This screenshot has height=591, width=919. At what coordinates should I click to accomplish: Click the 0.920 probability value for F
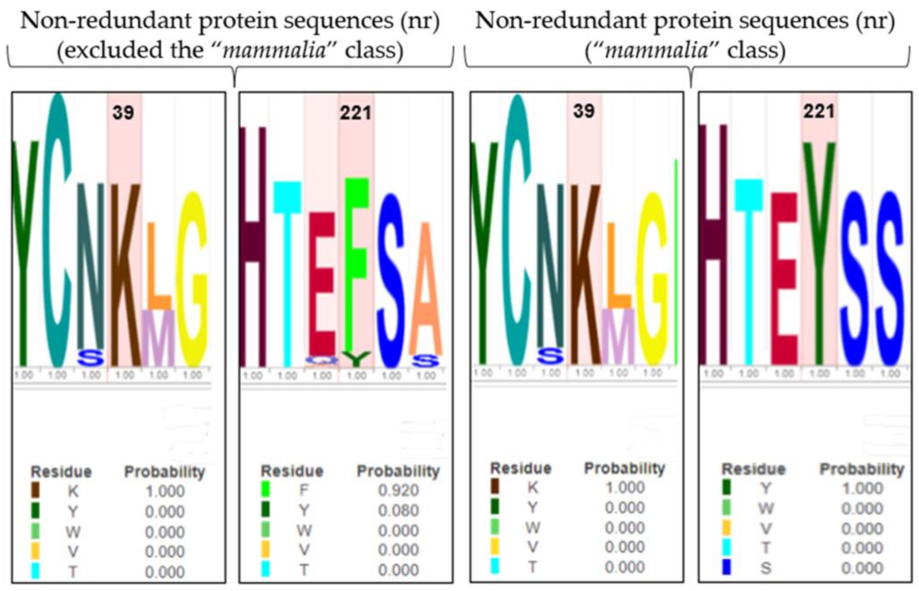tap(398, 490)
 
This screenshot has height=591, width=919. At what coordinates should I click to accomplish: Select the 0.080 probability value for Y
tap(398, 510)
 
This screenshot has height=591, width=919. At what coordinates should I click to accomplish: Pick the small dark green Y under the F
tap(356, 358)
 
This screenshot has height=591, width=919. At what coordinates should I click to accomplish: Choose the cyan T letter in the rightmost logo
tap(748, 269)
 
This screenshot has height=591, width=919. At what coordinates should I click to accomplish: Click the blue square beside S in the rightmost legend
tap(726, 567)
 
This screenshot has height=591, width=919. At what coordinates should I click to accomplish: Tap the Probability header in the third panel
tap(624, 468)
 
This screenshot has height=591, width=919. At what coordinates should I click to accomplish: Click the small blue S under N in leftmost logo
tap(91, 358)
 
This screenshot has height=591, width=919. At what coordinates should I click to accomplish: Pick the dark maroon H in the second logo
tap(252, 246)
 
